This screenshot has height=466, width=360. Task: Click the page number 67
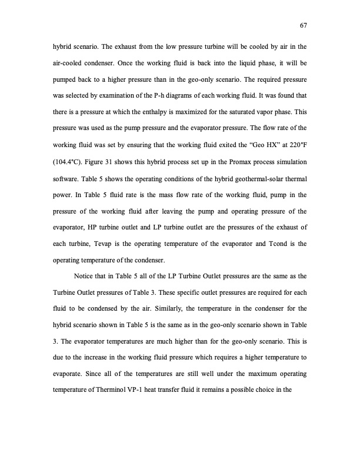point(304,25)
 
